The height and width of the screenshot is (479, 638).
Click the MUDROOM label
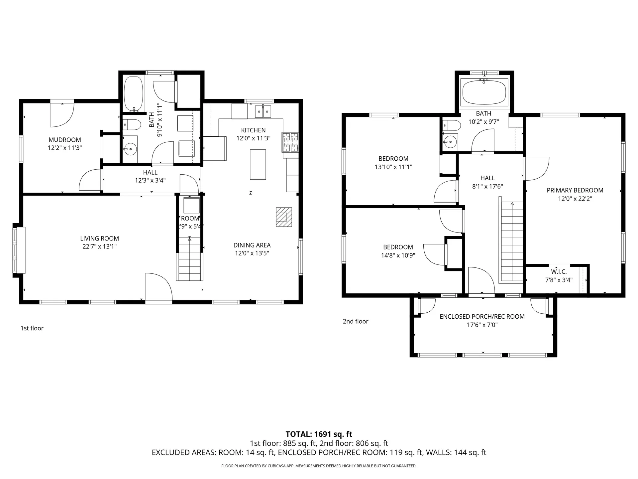pos(65,140)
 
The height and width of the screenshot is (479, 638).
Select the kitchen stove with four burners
pos(290,142)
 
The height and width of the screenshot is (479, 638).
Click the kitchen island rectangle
pos(258,164)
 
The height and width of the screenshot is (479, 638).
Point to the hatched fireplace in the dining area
pos(284,217)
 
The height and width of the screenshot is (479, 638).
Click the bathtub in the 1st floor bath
pos(134,94)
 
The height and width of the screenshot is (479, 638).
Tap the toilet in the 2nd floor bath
pos(452,126)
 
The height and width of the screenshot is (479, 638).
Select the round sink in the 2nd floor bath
pos(450,142)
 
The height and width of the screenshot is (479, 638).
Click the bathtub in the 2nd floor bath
pos(484,93)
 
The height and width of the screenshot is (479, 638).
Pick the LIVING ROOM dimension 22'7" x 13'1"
pos(99,246)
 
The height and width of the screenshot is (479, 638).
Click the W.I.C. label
pos(559,272)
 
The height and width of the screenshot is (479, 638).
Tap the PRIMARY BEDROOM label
pos(575,190)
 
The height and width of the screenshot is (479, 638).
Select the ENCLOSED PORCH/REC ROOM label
pos(482,317)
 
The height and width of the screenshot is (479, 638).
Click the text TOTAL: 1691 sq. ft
pos(319,434)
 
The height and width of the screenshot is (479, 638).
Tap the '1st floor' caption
pos(32,328)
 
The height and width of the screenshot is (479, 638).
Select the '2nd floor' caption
pos(356,321)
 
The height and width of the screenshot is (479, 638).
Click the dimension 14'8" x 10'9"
pos(398,255)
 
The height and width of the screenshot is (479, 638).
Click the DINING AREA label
pos(252,245)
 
